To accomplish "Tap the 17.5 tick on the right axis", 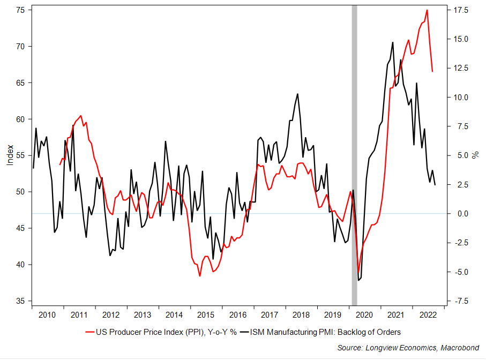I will click(461, 10).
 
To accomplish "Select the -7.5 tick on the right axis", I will click(461, 301).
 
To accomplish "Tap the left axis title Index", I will click(10, 155).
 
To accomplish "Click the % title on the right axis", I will click(475, 155).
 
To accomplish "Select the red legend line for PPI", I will click(85, 332).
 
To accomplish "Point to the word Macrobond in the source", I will click(459, 348).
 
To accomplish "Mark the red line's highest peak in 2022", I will click(427, 10).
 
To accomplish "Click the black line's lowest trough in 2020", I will click(358, 280).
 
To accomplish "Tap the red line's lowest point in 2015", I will click(200, 276).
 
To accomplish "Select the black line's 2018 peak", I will click(297, 94).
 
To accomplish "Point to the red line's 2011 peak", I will click(81, 116).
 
